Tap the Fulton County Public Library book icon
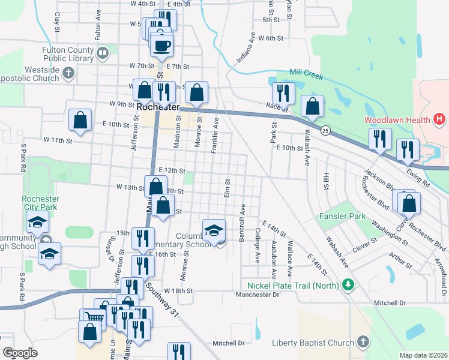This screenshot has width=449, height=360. pyautogui.click(x=103, y=53)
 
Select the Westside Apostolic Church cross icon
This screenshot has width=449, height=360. pyautogui.click(x=68, y=74)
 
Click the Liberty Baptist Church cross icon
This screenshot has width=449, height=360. pyautogui.click(x=362, y=342)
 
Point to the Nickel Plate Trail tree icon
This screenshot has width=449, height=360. pyautogui.click(x=347, y=285)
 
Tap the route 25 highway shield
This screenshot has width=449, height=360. pyautogui.click(x=325, y=130)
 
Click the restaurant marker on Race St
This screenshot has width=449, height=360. pyautogui.click(x=283, y=94)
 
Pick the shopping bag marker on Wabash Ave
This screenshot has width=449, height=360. pyautogui.click(x=312, y=107)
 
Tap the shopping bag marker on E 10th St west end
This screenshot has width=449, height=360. pyautogui.click(x=80, y=120)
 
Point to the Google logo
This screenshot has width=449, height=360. pyautogui.click(x=20, y=353)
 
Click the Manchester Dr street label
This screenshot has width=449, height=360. pyautogui.click(x=258, y=295)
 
